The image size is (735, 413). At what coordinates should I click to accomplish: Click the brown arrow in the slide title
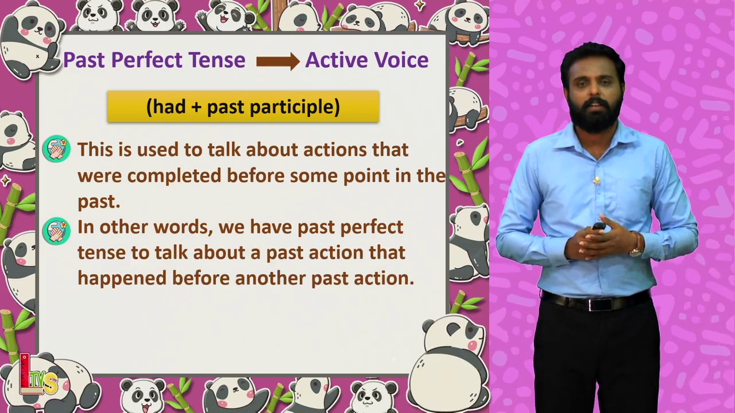[278, 61]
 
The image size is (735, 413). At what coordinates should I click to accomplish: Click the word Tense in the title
[216, 60]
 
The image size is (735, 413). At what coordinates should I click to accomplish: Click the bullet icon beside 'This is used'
[56, 149]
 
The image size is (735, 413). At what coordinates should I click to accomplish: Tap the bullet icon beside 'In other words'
[56, 231]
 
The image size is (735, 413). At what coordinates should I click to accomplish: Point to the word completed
[174, 176]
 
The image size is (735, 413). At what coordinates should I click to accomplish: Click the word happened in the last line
[122, 279]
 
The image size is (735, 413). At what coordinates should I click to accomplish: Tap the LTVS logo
[38, 375]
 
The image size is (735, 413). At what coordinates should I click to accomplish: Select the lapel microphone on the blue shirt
[597, 180]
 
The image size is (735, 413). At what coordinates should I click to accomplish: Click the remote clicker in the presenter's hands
[598, 226]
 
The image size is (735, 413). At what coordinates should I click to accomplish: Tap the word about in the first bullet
[272, 150]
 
